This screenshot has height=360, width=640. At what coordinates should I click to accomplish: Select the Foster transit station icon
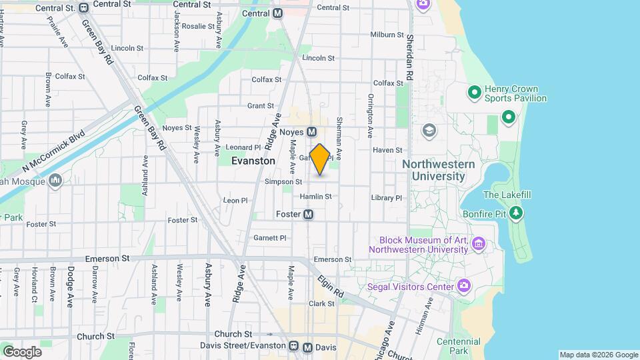point(309,214)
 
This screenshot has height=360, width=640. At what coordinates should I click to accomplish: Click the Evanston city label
point(253,161)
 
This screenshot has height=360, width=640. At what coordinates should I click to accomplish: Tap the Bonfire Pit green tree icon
point(515,213)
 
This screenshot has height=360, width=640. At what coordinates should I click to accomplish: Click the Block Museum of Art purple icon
point(477,245)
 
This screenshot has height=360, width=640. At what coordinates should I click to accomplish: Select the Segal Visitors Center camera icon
point(464,287)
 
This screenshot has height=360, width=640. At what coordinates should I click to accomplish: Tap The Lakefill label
point(505,195)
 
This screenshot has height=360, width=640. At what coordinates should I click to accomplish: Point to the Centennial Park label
point(458,346)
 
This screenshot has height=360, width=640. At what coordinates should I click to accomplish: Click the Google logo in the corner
point(22,351)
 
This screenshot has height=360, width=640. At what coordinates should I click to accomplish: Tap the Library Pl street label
point(387,198)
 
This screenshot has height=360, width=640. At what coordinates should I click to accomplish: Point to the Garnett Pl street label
point(269,238)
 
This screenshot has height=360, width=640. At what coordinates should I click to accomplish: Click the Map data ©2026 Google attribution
point(598,355)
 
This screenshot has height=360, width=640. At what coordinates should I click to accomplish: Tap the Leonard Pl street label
point(243,147)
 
